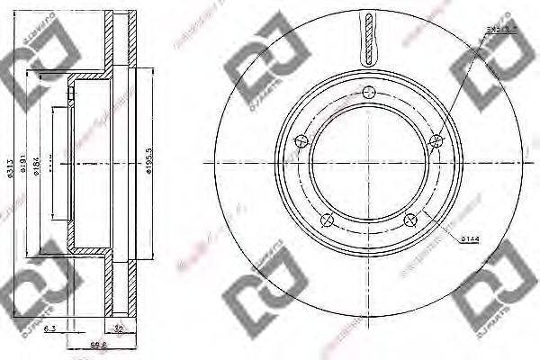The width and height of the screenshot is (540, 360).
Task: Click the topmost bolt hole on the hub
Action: point(369,90)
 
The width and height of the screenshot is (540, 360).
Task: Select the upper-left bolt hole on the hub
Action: point(301,139)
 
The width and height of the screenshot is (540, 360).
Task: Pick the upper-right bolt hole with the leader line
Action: point(437,139)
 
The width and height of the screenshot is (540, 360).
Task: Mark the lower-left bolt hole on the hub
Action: point(328,220)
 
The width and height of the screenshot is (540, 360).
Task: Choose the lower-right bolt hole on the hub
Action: point(411,220)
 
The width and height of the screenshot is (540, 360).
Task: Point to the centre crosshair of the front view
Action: point(369,162)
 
